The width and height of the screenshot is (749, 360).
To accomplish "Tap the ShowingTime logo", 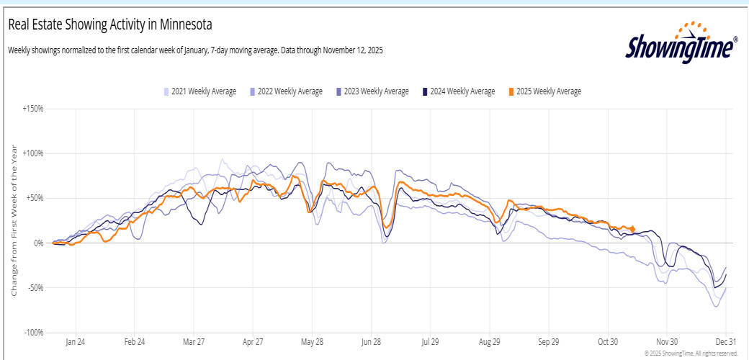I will tap(681, 45).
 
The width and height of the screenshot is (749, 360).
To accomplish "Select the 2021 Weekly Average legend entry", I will tap(199, 91).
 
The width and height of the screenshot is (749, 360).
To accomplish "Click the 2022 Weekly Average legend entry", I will tap(286, 91).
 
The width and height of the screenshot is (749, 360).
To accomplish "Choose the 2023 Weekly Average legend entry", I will tap(372, 91).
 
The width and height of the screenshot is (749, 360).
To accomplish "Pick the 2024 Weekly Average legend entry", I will tap(459, 91).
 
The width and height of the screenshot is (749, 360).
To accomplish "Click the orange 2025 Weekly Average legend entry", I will tap(544, 91).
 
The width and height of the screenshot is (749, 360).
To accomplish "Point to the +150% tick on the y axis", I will tap(32, 109).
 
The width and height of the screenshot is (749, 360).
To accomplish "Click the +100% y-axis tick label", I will tap(32, 153).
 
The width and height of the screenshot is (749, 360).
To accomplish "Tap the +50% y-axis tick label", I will tap(34, 198).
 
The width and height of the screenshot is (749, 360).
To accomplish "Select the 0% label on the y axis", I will tap(37, 243).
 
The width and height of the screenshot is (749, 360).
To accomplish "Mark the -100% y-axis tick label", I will tap(33, 333).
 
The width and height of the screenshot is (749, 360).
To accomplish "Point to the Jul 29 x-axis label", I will tap(430, 343).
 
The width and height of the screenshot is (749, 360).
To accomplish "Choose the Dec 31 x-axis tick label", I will tap(725, 343).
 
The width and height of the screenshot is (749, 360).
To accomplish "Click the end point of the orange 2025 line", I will tap(633, 230).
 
